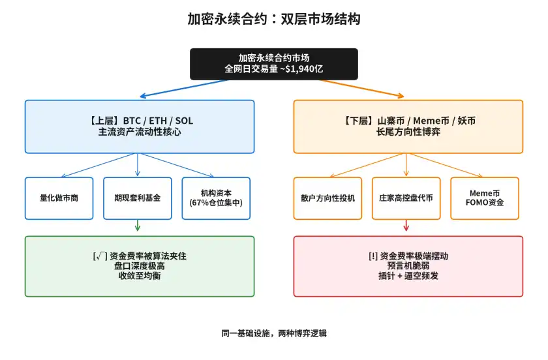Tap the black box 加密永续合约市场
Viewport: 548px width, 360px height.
(273, 63)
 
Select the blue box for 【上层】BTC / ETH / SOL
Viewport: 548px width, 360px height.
(140, 127)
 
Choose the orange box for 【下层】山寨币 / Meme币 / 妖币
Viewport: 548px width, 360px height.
(408, 127)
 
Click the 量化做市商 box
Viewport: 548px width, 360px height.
(59, 198)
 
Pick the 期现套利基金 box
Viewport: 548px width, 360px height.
(138, 198)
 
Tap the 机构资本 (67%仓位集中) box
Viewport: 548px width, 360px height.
(216, 198)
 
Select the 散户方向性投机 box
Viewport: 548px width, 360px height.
(328, 198)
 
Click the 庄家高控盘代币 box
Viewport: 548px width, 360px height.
(406, 198)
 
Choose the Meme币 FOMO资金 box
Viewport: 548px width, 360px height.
(485, 198)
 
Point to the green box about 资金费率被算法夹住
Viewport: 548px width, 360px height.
(140, 266)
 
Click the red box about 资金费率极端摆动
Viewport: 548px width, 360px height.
(408, 266)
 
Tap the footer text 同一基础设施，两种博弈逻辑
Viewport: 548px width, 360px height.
(273, 333)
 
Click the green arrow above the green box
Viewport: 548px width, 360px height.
(138, 226)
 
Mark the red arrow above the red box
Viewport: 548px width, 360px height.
(406, 226)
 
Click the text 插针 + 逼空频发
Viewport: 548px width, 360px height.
(408, 276)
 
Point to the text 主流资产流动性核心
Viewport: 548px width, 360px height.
(140, 132)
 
